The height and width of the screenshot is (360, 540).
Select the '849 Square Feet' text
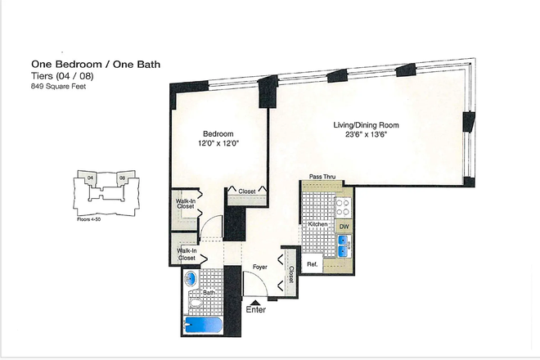(59, 86)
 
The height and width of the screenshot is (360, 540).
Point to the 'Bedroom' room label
(218, 133)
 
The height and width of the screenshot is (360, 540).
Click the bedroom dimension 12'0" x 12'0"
(218, 144)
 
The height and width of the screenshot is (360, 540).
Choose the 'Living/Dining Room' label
(366, 125)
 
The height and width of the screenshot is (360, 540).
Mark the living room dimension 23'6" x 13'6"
(366, 136)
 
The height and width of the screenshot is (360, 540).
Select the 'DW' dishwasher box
(344, 225)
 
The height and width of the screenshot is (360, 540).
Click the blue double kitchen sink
(344, 244)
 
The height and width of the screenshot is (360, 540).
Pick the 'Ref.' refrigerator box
(312, 263)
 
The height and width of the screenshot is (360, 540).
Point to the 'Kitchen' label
(317, 224)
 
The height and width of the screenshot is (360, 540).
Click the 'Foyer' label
(259, 266)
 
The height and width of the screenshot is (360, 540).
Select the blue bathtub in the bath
(200, 325)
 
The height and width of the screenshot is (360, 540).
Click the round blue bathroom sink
(191, 279)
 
